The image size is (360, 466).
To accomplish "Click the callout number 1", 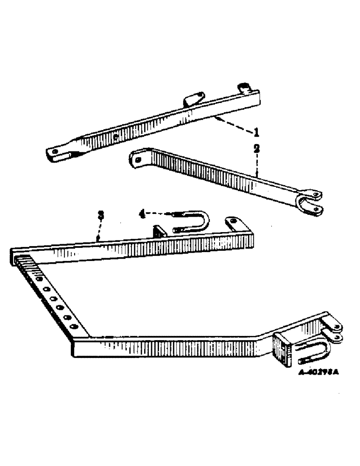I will [x=256, y=133].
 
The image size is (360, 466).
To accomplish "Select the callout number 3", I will [x=100, y=215].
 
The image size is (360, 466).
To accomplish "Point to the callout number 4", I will [x=142, y=215].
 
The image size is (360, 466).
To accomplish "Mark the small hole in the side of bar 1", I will [x=115, y=137].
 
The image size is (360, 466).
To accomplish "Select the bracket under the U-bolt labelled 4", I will [x=159, y=232].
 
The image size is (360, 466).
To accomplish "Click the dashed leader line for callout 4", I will [x=161, y=214].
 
